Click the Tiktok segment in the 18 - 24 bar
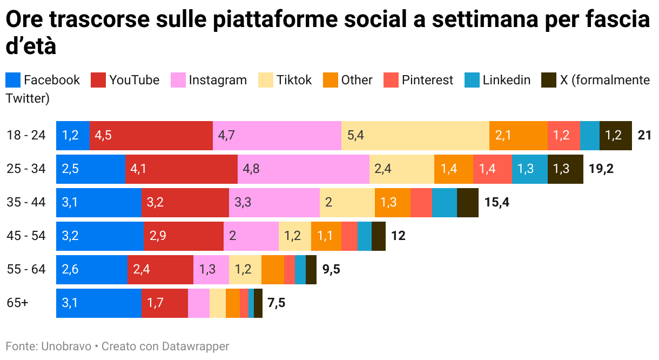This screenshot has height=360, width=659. [415, 135]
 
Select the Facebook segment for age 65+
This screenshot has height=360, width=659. [98, 303]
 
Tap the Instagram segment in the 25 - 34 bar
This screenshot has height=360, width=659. [303, 169]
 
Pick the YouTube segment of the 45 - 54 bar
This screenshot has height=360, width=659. [183, 236]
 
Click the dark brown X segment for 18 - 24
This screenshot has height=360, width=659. [615, 135]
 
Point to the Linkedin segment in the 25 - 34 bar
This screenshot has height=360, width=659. [529, 169]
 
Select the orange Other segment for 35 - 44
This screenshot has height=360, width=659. [392, 203]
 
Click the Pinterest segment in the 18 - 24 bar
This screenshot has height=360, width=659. [563, 135]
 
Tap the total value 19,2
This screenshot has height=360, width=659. [601, 169]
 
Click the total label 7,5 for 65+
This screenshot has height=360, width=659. [276, 303]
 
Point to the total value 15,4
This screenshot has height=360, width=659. [496, 203]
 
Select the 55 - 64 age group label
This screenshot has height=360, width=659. [26, 270]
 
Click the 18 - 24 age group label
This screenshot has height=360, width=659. [26, 135]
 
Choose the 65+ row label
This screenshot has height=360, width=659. [17, 303]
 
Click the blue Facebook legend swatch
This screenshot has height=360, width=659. [13, 80]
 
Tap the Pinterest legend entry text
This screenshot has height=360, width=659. [427, 80]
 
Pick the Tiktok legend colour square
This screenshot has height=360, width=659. [266, 80]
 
